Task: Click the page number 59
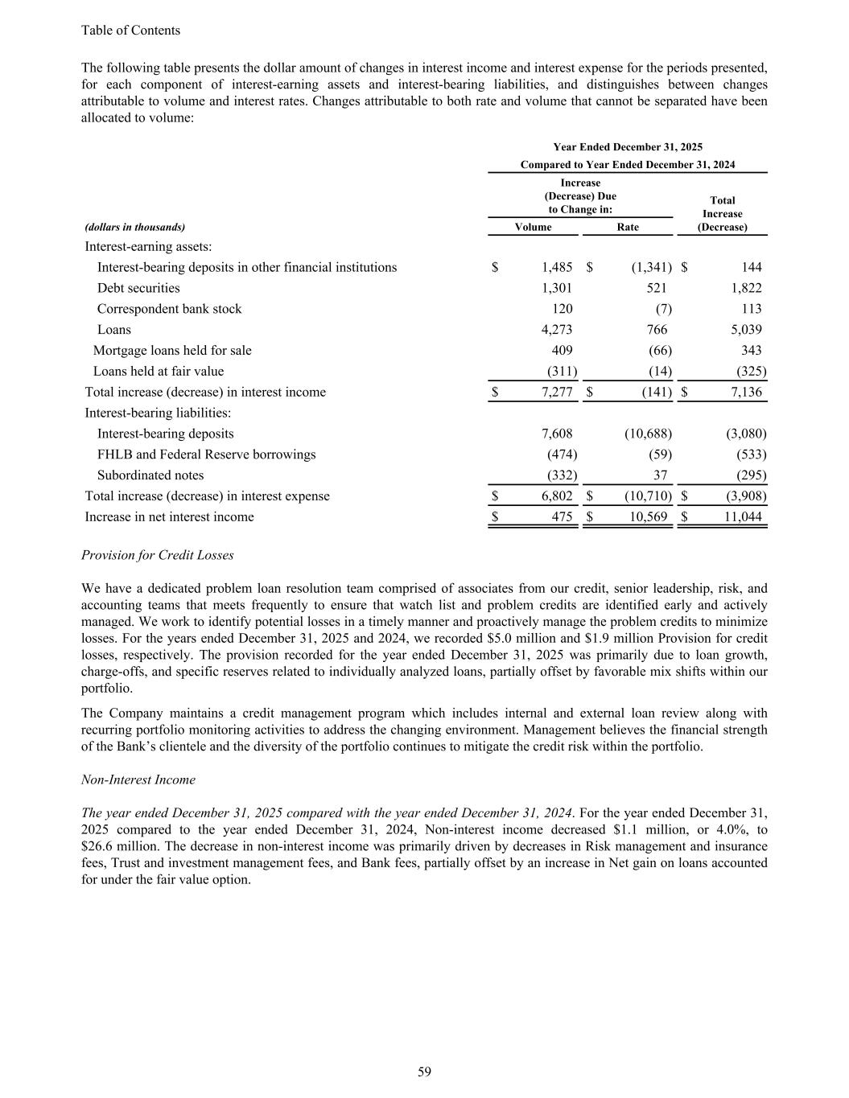pyautogui.click(x=424, y=1071)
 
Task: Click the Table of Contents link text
pyautogui.click(x=130, y=31)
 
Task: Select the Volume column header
pyautogui.click(x=533, y=228)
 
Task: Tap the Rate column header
pyautogui.click(x=628, y=228)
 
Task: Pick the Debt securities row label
pyautogui.click(x=138, y=288)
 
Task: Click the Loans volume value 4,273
pyautogui.click(x=558, y=330)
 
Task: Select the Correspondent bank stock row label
pyautogui.click(x=169, y=309)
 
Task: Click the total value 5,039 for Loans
pyautogui.click(x=744, y=330)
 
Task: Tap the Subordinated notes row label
pyautogui.click(x=150, y=475)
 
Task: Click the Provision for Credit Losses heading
pyautogui.click(x=158, y=556)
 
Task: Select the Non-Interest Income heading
pyautogui.click(x=138, y=780)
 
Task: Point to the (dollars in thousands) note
pyautogui.click(x=135, y=228)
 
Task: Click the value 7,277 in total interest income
pyautogui.click(x=558, y=393)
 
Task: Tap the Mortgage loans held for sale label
pyautogui.click(x=172, y=351)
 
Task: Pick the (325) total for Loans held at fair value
pyautogui.click(x=750, y=372)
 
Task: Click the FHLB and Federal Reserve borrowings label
pyautogui.click(x=206, y=454)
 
